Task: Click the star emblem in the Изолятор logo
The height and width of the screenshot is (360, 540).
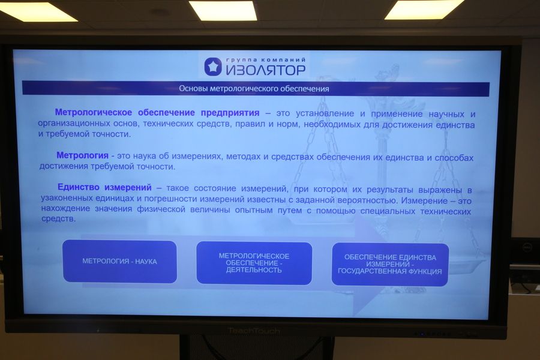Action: pos(213,67)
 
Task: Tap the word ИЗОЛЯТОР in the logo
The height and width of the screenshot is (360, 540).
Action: pos(266,70)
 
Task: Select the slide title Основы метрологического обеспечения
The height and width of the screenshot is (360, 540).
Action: pos(254,89)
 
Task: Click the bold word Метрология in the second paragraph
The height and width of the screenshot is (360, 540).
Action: pos(82,155)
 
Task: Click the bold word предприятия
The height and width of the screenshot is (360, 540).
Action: pos(230,113)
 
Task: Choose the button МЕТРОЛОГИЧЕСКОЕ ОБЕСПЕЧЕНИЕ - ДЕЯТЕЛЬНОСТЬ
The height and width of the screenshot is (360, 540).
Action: pos(254,263)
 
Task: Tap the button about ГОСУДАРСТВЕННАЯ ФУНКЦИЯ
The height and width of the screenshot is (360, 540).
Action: pos(390,264)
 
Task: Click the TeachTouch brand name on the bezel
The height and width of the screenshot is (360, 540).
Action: pos(254,331)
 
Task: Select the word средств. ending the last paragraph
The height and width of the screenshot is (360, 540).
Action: pos(58,218)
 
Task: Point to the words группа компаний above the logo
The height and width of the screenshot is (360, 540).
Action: pos(266,60)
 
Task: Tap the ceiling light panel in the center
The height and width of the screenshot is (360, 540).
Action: pos(223,10)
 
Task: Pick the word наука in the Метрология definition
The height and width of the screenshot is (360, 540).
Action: pos(144,156)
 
